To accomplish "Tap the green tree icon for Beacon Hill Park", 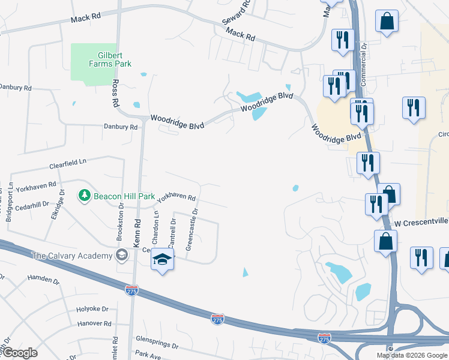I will pyautogui.click(x=84, y=196).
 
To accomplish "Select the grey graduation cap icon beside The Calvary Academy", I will pyautogui.click(x=122, y=255).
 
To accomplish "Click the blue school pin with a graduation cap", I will pyautogui.click(x=161, y=260).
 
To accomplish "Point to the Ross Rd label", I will pyautogui.click(x=115, y=93).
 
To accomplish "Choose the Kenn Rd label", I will pyautogui.click(x=137, y=230).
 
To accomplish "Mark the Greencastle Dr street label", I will pyautogui.click(x=192, y=229).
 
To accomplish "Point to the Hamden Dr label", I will pyautogui.click(x=43, y=279).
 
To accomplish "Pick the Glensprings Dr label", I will pyautogui.click(x=158, y=338).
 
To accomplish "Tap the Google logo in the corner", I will pyautogui.click(x=20, y=353).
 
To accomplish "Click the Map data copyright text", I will pyautogui.click(x=412, y=355).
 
